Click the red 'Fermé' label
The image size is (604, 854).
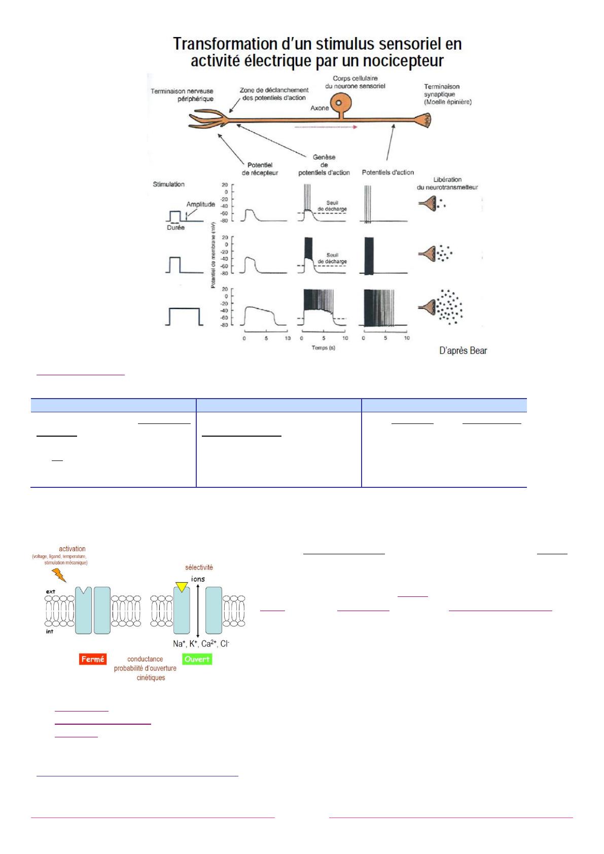tap(92, 659)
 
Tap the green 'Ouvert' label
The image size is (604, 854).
tap(197, 659)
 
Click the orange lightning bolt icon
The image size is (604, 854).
tap(59, 575)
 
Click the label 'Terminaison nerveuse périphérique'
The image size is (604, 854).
tap(182, 95)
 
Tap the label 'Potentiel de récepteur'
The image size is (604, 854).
tap(260, 169)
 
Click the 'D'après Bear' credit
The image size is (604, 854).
tap(463, 350)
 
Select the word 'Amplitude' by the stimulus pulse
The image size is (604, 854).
tap(200, 204)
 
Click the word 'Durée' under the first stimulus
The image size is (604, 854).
tap(175, 228)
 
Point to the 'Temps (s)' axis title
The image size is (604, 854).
tap(324, 348)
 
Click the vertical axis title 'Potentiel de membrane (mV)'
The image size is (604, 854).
tap(214, 255)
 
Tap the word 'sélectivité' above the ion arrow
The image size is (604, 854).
tap(198, 567)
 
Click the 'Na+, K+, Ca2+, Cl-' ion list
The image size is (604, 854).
tap(201, 644)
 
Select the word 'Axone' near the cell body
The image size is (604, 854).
tap(319, 108)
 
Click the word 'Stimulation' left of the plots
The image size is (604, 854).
tap(168, 184)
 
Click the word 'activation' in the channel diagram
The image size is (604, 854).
tap(72, 549)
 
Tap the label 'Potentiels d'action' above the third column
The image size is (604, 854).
tap(387, 172)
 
